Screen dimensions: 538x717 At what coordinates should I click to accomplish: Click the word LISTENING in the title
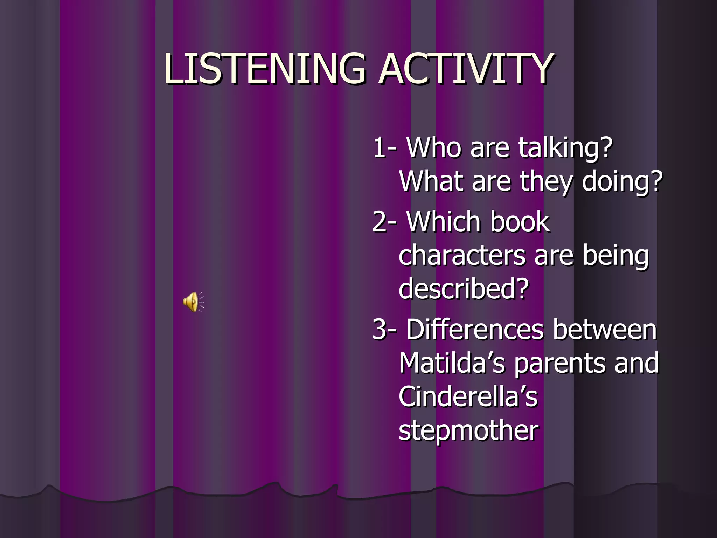point(265,69)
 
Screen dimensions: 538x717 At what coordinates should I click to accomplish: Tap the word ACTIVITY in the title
point(466,69)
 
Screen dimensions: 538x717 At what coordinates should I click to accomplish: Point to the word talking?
point(565,148)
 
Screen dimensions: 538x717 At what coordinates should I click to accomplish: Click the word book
point(520,222)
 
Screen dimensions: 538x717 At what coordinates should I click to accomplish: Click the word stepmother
point(468,431)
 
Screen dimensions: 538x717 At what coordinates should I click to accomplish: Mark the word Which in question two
point(444,222)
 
